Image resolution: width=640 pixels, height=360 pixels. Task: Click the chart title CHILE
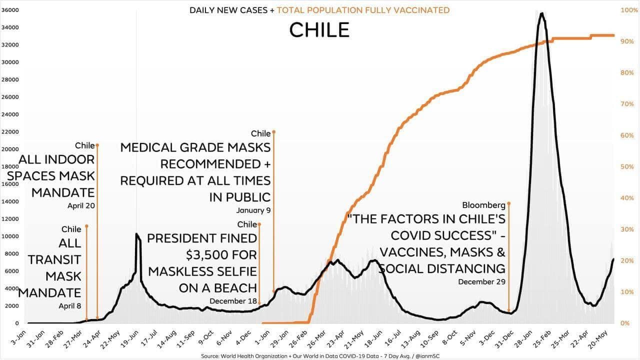pos(319,30)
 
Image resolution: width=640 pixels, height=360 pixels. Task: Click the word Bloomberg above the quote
pos(483,205)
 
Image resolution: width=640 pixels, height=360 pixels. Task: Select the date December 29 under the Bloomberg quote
pos(481,282)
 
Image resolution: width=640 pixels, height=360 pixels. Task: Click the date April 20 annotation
pos(81,205)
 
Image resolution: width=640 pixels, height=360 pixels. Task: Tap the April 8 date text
pos(69,306)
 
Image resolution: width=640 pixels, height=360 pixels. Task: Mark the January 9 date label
pos(253,210)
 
